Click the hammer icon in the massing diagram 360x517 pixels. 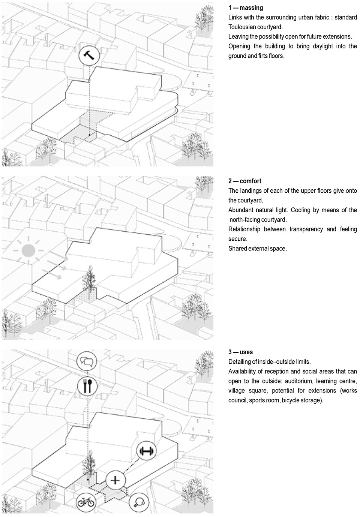tap(90, 56)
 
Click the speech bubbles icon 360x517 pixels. tap(87, 362)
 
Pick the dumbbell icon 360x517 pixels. tap(147, 451)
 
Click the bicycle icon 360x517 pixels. tap(85, 502)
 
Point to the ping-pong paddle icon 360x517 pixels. tap(139, 502)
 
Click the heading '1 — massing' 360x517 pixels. tap(246, 7)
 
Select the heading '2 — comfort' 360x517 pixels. tap(245, 181)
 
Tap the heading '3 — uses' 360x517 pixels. tap(240, 352)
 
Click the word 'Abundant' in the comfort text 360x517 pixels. tap(240, 210)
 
